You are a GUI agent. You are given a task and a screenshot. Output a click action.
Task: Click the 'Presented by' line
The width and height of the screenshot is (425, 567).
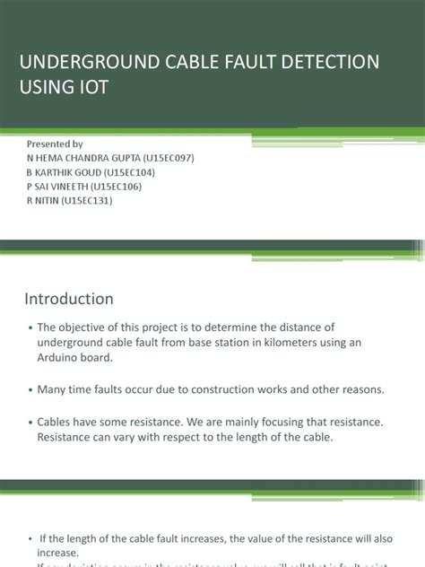pos(56,144)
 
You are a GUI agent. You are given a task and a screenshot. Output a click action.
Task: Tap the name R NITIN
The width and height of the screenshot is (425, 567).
pos(47,201)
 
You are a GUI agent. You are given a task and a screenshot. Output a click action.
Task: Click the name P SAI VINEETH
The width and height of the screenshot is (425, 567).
pos(65,187)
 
